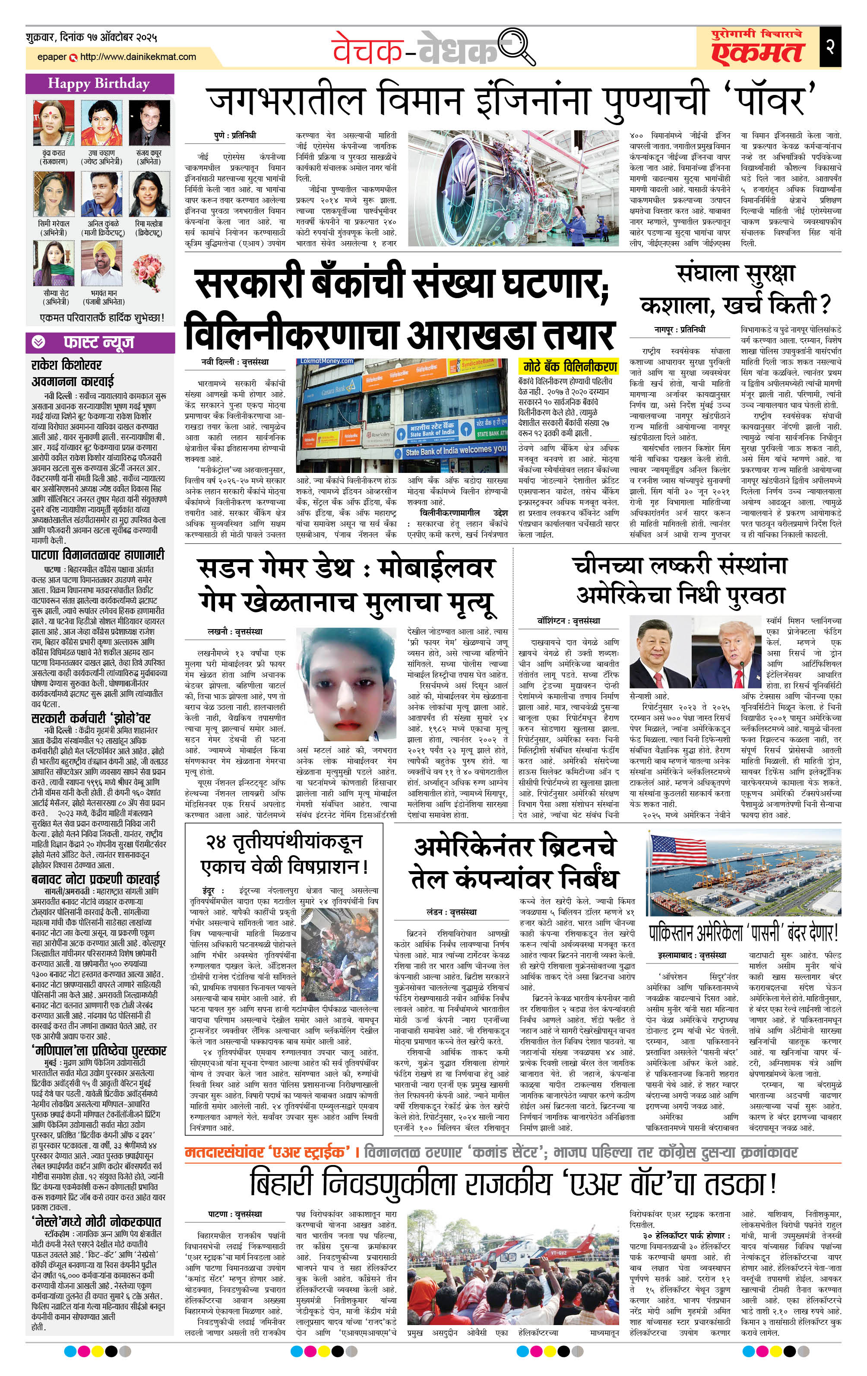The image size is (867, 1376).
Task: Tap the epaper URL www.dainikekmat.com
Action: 137,57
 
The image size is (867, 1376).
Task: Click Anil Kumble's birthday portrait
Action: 102,195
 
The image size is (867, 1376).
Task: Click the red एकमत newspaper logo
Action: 758,53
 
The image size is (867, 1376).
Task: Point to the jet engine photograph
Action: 513,189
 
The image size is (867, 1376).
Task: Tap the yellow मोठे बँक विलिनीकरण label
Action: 570,367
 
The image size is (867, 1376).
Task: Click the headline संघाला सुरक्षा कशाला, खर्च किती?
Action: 735,290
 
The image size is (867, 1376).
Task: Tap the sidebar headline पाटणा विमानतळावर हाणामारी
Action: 98,555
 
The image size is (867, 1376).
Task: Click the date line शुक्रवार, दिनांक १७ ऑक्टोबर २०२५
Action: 92,38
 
